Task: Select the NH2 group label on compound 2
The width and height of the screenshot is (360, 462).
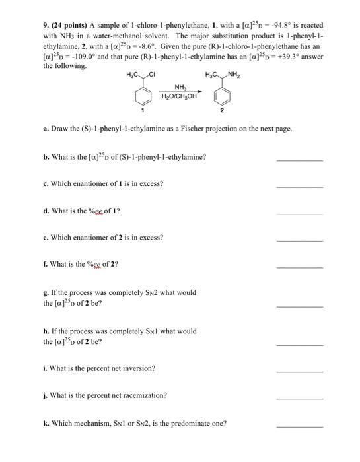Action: coord(233,73)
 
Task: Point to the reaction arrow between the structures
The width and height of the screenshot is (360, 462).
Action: coord(179,93)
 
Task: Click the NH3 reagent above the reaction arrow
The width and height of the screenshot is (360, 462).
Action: coord(179,86)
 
